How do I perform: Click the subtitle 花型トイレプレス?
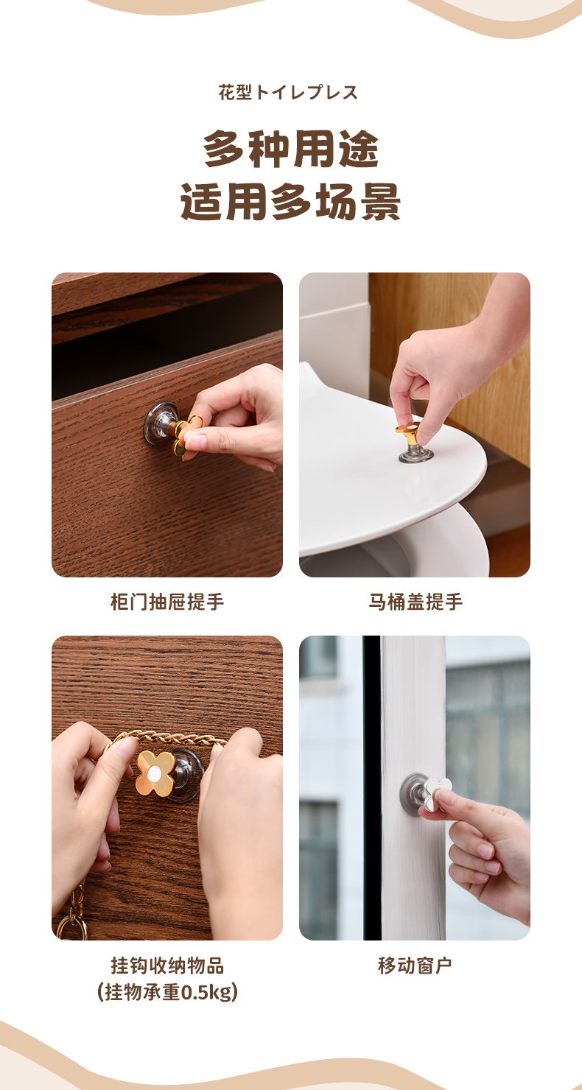pos(288,93)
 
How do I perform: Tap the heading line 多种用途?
pos(290,149)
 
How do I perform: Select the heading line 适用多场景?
pos(290,202)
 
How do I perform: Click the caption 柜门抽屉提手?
pos(167,602)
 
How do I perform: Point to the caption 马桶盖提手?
pos(415,602)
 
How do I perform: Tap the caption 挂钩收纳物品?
pos(167,966)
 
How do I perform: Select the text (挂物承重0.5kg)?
pos(167,992)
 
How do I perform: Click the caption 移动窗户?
pos(415,966)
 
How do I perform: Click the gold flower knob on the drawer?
pos(186,435)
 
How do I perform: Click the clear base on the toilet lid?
pos(416,455)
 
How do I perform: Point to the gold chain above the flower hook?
pos(166,736)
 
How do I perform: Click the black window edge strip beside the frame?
pos(372,788)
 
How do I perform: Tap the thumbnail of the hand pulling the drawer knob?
pos(167,425)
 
